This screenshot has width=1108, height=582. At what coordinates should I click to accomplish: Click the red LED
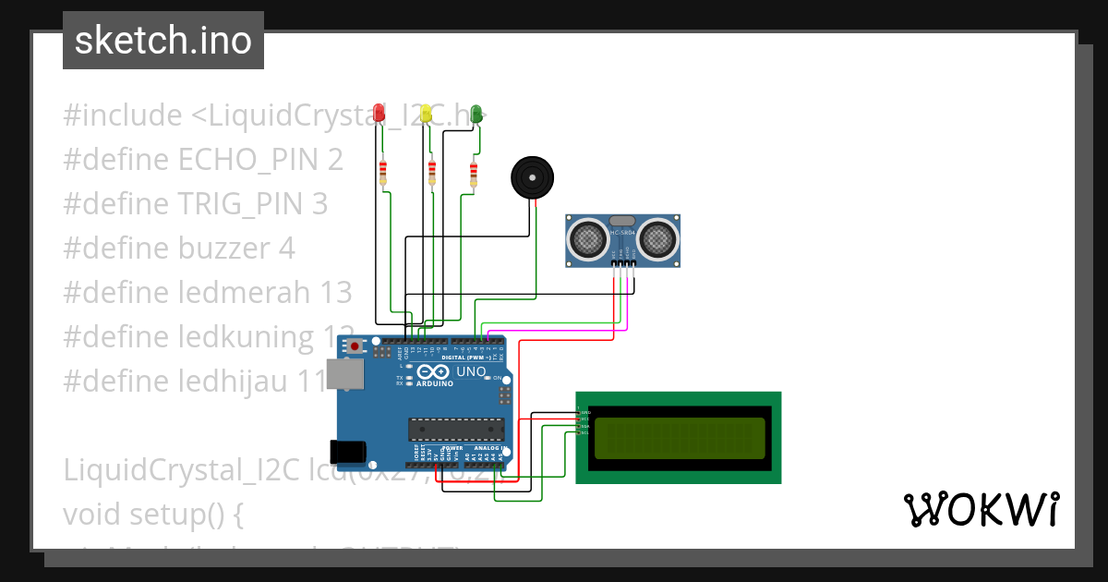[x=379, y=113]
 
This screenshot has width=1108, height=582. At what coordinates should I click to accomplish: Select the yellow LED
[x=427, y=113]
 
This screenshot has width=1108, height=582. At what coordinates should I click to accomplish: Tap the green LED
[x=476, y=113]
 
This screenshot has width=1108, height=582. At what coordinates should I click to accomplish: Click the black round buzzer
[x=532, y=176]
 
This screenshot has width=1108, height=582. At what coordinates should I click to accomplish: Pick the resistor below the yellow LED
[x=432, y=172]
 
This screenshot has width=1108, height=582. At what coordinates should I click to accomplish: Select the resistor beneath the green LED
[x=474, y=173]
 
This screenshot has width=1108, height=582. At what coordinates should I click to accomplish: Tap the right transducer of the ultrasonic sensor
[x=657, y=238]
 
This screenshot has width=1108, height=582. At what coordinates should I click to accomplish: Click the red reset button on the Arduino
[x=355, y=346]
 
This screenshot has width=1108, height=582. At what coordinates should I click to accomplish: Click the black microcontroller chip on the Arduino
[x=457, y=430]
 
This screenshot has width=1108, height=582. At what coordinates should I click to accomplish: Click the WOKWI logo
[x=981, y=510]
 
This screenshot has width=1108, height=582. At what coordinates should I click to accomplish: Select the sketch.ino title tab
[x=163, y=41]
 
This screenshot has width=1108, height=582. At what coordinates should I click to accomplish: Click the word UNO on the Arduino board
[x=472, y=371]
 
